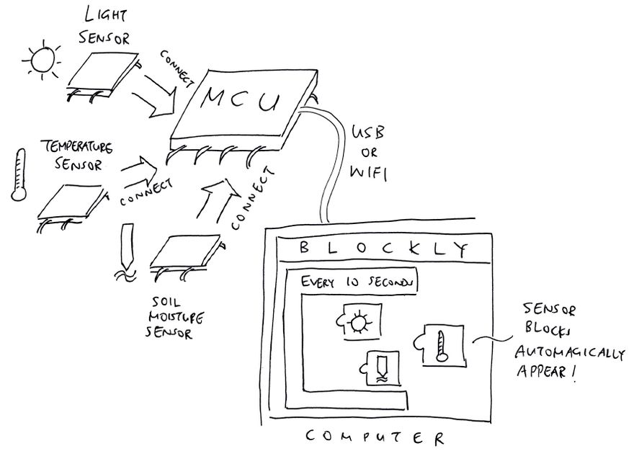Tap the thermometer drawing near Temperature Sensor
pos(18,175)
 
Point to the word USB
pos(368,133)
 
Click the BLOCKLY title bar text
pos(382,249)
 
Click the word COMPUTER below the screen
pos(375,437)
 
